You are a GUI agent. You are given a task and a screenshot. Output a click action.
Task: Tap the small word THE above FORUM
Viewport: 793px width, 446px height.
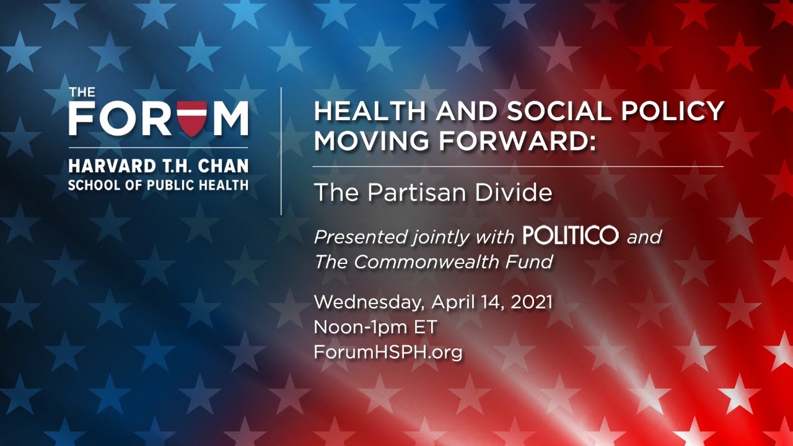tap(82, 93)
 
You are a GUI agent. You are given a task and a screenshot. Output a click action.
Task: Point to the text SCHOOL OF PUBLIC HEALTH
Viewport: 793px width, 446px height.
tap(158, 185)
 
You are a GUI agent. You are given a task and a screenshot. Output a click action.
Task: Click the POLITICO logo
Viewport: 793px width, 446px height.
tap(570, 236)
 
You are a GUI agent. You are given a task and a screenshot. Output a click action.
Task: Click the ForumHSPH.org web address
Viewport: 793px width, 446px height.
tap(388, 352)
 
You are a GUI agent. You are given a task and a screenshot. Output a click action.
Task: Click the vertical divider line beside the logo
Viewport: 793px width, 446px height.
tap(282, 152)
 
